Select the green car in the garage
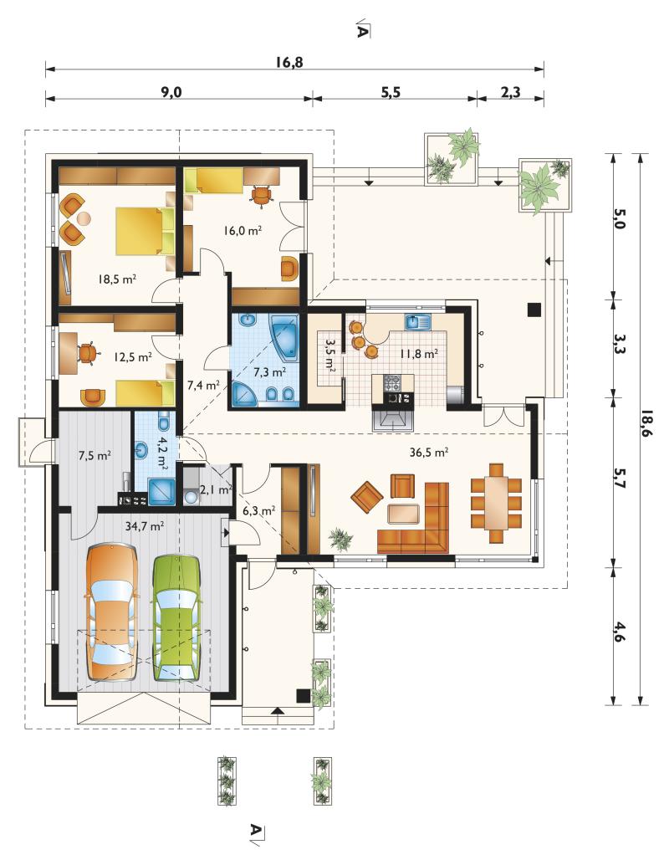click(x=176, y=618)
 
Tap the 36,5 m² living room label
click(x=428, y=453)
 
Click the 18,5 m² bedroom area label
click(x=117, y=279)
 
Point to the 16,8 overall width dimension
click(x=289, y=62)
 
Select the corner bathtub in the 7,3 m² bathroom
click(x=284, y=333)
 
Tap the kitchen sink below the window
click(x=417, y=321)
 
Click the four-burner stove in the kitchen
click(x=392, y=381)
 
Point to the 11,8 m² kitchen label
click(x=419, y=354)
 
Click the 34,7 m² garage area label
click(x=145, y=525)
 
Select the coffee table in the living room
click(x=403, y=514)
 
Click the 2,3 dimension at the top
click(x=511, y=91)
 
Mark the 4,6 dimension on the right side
click(x=619, y=632)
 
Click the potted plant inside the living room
click(x=341, y=539)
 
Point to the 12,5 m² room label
click(x=133, y=357)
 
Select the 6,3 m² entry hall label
click(x=258, y=511)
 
